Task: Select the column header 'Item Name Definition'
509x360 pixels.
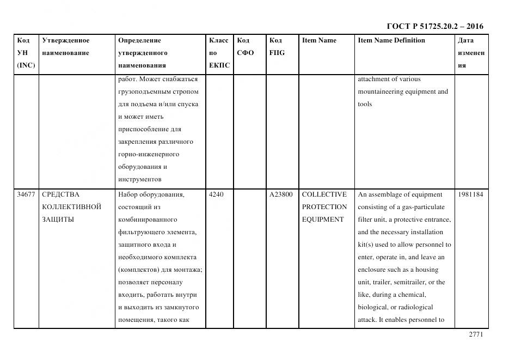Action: tap(391, 40)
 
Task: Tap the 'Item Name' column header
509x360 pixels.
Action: tap(319, 40)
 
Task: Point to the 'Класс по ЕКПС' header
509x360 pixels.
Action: tap(219, 53)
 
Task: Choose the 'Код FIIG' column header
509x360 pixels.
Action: tap(277, 47)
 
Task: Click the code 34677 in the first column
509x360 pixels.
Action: tap(26, 194)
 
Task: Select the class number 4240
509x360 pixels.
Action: tap(216, 194)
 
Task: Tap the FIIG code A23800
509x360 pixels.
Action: tap(281, 194)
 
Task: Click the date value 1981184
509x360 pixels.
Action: tap(470, 194)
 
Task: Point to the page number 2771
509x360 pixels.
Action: tap(476, 335)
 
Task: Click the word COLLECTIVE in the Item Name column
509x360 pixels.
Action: tap(324, 194)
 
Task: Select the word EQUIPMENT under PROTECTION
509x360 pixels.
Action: tap(323, 219)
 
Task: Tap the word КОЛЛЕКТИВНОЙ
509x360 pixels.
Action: tap(71, 207)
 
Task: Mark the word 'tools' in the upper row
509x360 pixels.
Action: tap(365, 104)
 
